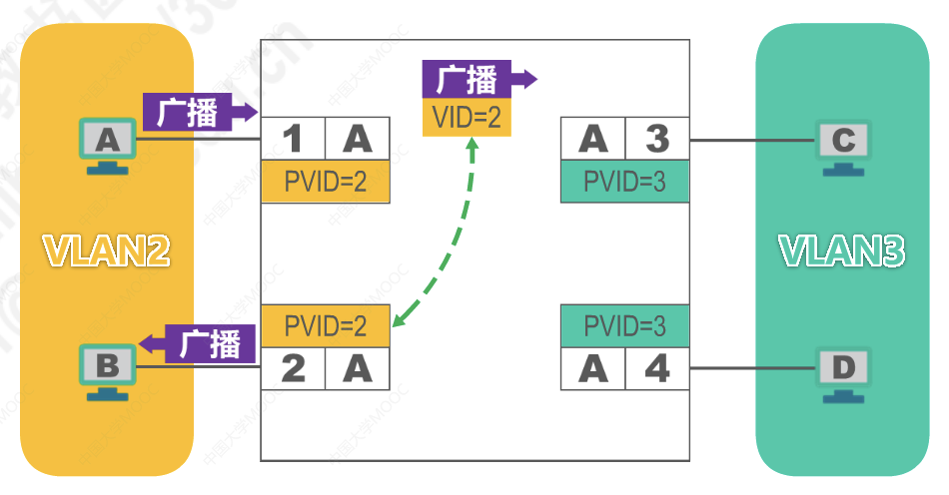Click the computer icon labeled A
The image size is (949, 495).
point(107,144)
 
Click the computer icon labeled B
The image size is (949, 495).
point(107,369)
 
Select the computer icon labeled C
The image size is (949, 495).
point(843,146)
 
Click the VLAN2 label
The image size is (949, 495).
point(105,250)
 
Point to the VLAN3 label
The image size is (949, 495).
point(842,250)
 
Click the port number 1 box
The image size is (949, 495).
point(293,140)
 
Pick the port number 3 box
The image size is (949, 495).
point(656,139)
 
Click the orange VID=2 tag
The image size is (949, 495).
point(467,118)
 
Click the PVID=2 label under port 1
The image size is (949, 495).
point(325,183)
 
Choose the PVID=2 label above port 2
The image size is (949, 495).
point(325,325)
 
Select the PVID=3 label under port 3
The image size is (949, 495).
point(624,183)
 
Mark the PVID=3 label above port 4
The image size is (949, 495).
point(624,325)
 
